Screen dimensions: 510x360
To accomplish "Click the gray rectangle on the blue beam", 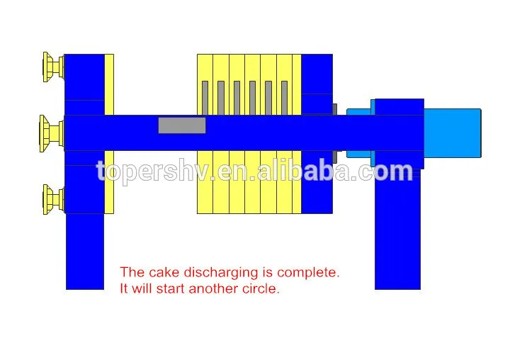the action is click(x=182, y=125).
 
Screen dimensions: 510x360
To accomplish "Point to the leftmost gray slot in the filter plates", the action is click(x=205, y=97).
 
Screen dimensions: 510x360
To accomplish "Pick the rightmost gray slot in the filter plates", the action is click(x=284, y=97).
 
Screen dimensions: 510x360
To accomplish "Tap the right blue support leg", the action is click(x=397, y=234).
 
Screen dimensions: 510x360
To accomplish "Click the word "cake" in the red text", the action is click(x=163, y=272).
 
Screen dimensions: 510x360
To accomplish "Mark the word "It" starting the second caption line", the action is click(x=125, y=288).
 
